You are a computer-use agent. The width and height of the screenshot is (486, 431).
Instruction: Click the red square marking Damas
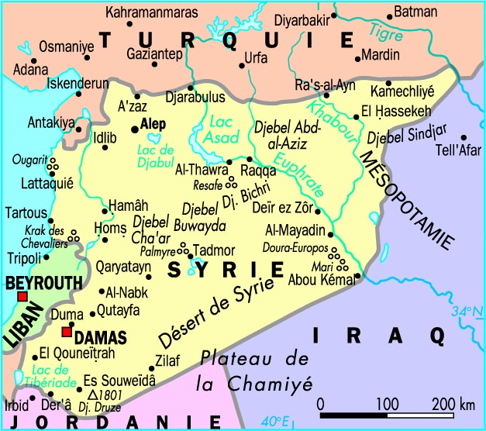pos(67,333)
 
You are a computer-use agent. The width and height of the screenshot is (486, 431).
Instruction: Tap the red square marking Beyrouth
pos(22,298)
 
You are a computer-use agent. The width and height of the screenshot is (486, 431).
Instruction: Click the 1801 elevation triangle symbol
pos(92,394)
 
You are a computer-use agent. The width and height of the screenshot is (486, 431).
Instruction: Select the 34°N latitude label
pos(464,312)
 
